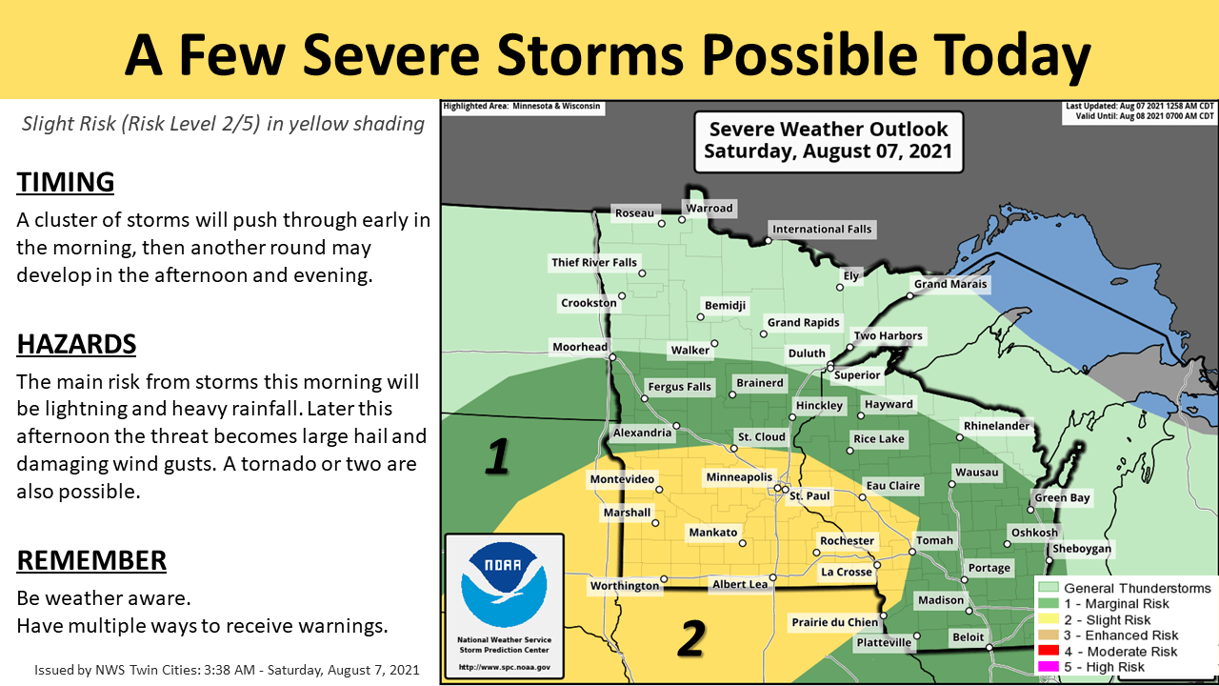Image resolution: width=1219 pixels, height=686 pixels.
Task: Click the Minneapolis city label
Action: (x=738, y=476)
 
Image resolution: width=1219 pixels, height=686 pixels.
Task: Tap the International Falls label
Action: (x=821, y=229)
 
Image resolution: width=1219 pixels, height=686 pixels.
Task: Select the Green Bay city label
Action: (x=1062, y=497)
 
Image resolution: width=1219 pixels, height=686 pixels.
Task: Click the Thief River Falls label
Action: (x=594, y=262)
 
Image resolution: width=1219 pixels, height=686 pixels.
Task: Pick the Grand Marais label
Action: (x=950, y=284)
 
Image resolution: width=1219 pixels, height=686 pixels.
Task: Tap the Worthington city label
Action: (x=624, y=585)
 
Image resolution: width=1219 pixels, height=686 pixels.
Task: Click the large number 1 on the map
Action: (x=497, y=456)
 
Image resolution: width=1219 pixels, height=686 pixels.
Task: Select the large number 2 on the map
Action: (x=691, y=637)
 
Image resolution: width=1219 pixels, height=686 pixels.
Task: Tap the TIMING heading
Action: (x=66, y=182)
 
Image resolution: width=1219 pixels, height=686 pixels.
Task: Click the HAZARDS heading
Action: (x=76, y=344)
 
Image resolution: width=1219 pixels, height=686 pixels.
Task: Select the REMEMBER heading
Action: (x=91, y=560)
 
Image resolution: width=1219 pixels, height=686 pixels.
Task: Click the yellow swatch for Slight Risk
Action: (x=1049, y=620)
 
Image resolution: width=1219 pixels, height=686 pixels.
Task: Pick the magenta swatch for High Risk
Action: (x=1049, y=667)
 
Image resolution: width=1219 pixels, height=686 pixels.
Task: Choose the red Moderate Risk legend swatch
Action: (x=1049, y=652)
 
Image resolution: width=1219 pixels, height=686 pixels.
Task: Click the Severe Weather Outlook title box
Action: (x=828, y=140)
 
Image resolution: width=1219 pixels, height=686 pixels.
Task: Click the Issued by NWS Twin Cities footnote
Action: (x=227, y=669)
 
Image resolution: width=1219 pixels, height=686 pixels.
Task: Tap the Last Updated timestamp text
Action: (x=1139, y=106)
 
